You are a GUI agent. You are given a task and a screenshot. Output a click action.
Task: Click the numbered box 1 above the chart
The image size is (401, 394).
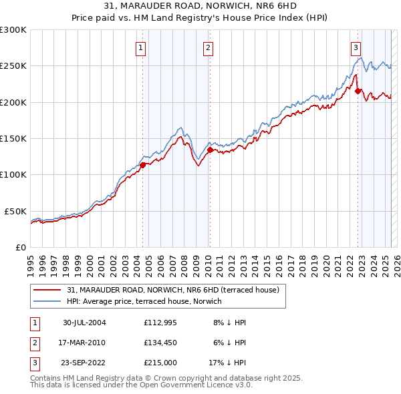tap(142, 47)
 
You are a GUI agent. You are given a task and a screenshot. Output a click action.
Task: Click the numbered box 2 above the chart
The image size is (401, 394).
tap(209, 47)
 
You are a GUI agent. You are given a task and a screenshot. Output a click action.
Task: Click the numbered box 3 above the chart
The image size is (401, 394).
tap(356, 47)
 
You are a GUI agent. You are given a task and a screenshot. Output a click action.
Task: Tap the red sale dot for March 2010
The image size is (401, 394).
tap(209, 150)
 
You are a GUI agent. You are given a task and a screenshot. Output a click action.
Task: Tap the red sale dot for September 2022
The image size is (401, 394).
tap(358, 91)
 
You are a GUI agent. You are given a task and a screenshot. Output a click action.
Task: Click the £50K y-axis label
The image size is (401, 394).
tap(15, 211)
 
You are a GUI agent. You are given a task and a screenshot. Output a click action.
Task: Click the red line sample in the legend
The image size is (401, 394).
tap(48, 290)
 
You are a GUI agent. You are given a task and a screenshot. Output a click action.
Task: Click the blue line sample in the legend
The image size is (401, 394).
tap(48, 302)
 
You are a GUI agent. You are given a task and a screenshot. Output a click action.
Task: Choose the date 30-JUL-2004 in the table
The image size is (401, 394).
tap(84, 322)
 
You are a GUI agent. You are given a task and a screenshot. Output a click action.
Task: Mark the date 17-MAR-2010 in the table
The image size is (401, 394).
tap(84, 343)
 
